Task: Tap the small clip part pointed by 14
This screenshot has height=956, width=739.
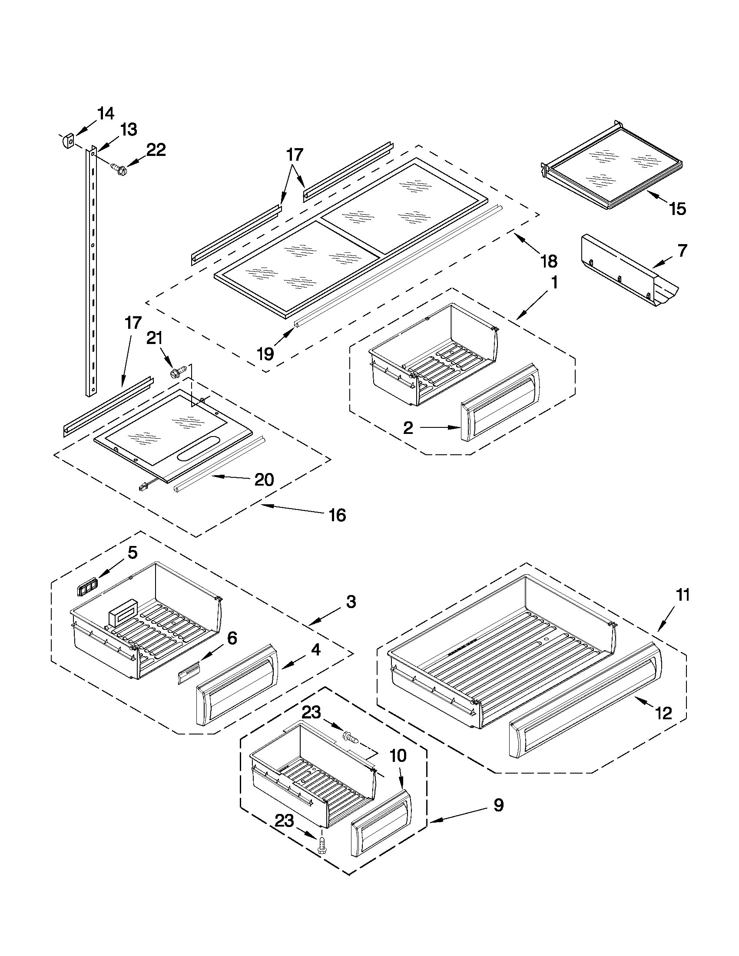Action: tap(66, 142)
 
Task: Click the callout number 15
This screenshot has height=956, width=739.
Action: tap(677, 209)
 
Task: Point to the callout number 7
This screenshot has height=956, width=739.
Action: tap(683, 251)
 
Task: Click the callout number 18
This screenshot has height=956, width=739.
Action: tap(549, 261)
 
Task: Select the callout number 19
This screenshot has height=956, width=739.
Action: tap(265, 353)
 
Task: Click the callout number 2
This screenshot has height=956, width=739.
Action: tap(408, 428)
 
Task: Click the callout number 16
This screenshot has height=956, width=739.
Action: tap(337, 515)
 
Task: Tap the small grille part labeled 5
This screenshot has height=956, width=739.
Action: tap(87, 588)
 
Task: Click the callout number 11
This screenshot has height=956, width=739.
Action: tap(683, 595)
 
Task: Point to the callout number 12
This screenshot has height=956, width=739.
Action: tap(663, 714)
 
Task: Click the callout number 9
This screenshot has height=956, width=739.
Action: tap(499, 804)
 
